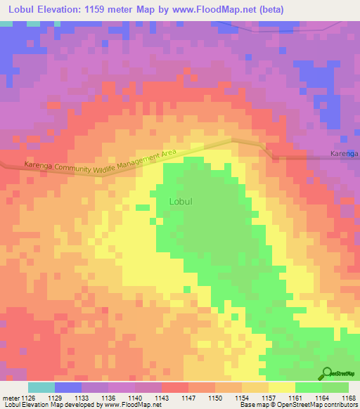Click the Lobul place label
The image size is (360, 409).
pyautogui.click(x=181, y=201)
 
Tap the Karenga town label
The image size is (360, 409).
pyautogui.click(x=344, y=152)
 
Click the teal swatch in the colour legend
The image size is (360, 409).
pyautogui.click(x=41, y=387)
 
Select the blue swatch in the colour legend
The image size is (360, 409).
pyautogui.click(x=68, y=387)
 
